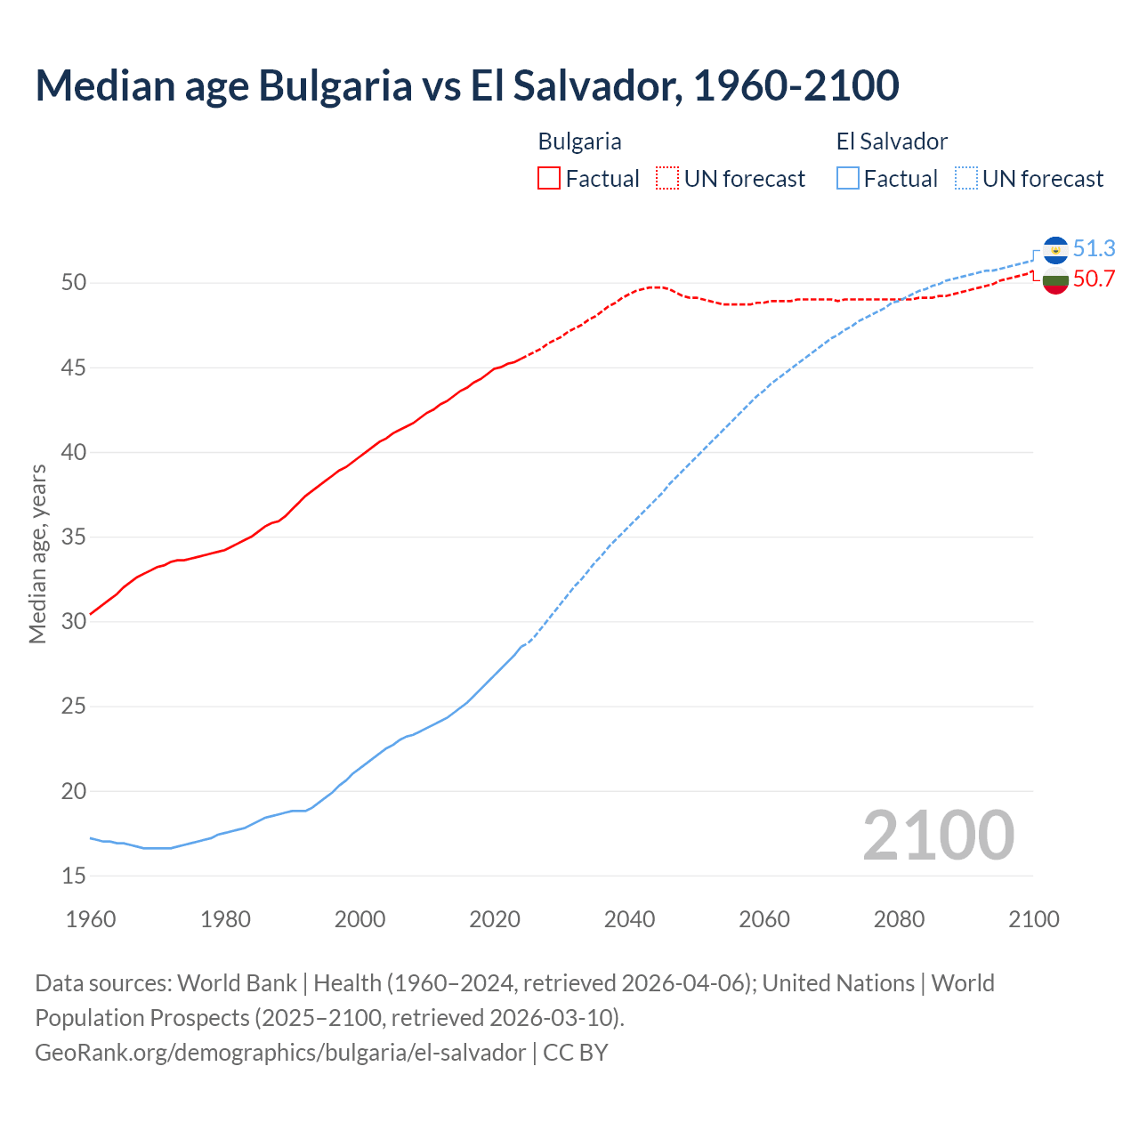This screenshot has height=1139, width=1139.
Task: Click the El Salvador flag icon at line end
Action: tap(1055, 250)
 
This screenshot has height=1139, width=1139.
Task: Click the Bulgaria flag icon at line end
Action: tap(1055, 280)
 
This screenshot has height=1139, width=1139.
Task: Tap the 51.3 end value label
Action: tap(1094, 248)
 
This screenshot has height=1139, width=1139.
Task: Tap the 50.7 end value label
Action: tap(1094, 279)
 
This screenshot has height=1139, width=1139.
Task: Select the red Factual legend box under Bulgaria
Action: tap(549, 179)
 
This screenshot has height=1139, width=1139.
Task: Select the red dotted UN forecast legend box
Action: tap(667, 179)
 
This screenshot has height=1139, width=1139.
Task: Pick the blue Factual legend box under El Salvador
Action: tap(848, 179)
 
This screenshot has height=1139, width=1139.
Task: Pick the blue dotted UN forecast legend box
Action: tap(965, 179)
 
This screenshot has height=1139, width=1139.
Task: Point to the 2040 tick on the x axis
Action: tap(629, 919)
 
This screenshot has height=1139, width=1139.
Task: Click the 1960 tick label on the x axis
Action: tap(91, 919)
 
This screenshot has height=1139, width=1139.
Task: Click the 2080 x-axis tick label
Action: tap(899, 919)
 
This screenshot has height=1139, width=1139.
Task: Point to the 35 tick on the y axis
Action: tap(74, 537)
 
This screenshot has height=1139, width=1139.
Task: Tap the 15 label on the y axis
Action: tap(74, 876)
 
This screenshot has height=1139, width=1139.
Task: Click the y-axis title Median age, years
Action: tap(37, 553)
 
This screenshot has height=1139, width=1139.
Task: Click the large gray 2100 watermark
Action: tap(938, 835)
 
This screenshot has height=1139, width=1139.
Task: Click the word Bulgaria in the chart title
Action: tap(335, 85)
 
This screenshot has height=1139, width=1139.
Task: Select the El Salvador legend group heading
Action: tap(892, 141)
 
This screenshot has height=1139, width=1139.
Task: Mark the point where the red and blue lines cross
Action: tap(901, 299)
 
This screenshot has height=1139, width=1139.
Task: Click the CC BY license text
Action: tap(576, 1052)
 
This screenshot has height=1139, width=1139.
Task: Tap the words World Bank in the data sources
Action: tap(237, 983)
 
